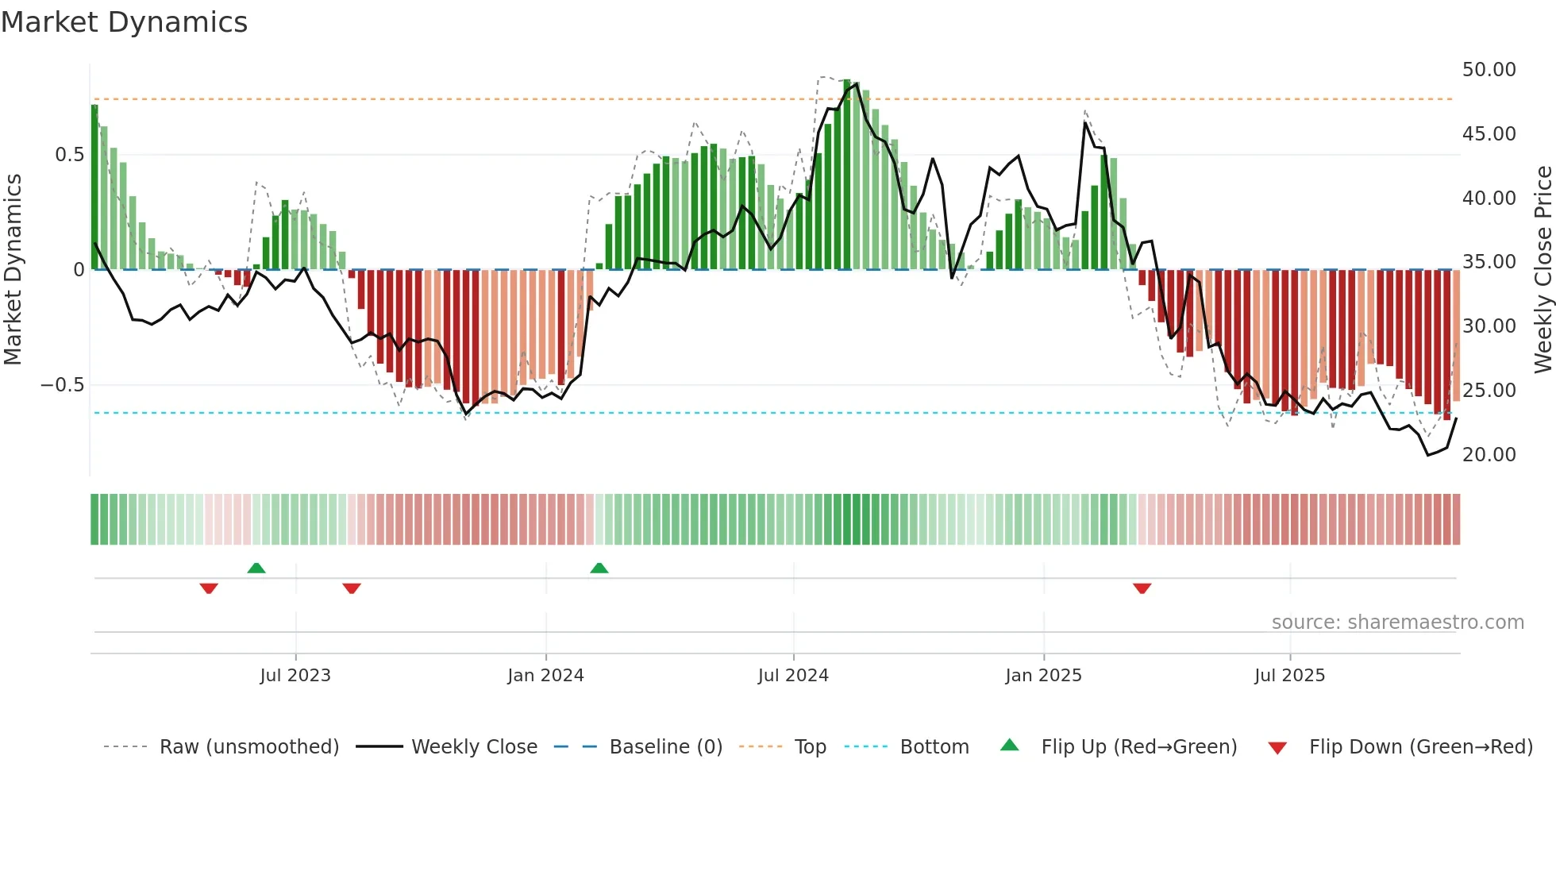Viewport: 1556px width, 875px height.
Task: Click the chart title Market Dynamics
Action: pyautogui.click(x=124, y=22)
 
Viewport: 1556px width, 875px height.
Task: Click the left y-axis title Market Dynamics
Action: pyautogui.click(x=13, y=269)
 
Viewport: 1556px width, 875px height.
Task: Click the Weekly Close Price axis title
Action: pyautogui.click(x=1543, y=269)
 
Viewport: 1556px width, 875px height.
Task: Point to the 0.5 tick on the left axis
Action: pyautogui.click(x=69, y=154)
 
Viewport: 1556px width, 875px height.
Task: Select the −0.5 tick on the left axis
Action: pyautogui.click(x=62, y=385)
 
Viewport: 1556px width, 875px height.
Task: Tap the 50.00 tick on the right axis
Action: pyautogui.click(x=1489, y=70)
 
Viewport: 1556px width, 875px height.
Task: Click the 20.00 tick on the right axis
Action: pyautogui.click(x=1489, y=455)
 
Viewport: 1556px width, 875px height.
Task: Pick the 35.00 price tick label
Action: pyautogui.click(x=1489, y=262)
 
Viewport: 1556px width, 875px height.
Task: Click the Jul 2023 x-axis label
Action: pyautogui.click(x=295, y=676)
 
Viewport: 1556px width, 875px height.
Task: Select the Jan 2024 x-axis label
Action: pyautogui.click(x=545, y=676)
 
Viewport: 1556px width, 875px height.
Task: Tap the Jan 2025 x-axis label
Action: pyautogui.click(x=1043, y=676)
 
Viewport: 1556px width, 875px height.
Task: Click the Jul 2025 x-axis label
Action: pyautogui.click(x=1289, y=676)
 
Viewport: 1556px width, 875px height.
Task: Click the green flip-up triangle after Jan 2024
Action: pyautogui.click(x=599, y=569)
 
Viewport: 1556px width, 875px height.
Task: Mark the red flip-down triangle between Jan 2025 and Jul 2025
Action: pyautogui.click(x=1142, y=588)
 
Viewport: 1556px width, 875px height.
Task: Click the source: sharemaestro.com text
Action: pyautogui.click(x=1397, y=623)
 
